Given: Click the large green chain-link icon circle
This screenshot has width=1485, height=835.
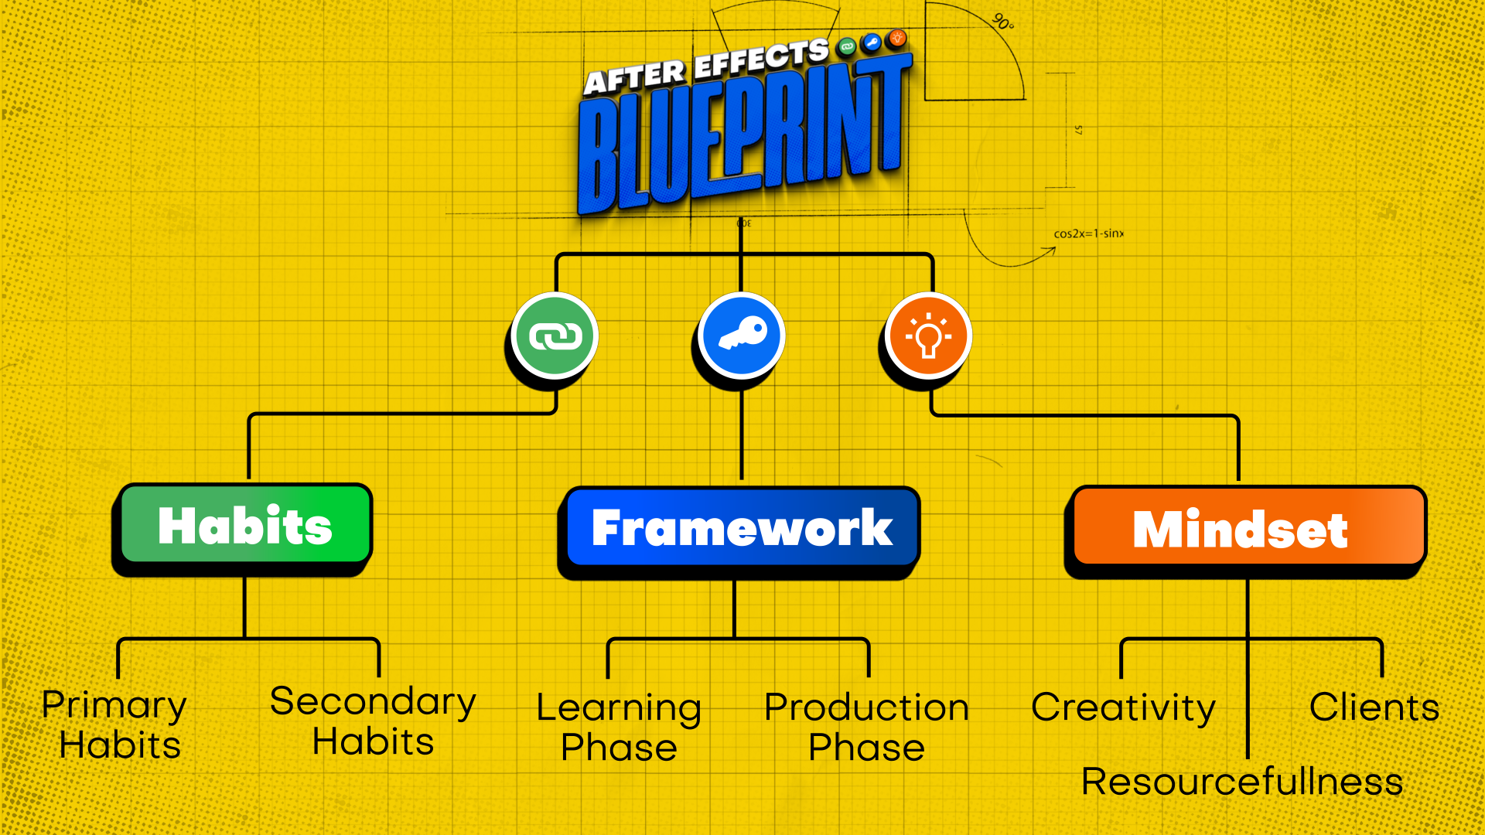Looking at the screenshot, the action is click(555, 336).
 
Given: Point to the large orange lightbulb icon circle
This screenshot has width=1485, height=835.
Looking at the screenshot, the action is click(928, 336).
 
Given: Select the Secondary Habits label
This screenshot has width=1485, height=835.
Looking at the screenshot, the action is click(373, 721).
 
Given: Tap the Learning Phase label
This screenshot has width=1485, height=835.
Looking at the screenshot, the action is click(619, 728).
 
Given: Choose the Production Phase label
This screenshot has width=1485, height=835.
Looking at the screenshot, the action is click(866, 728).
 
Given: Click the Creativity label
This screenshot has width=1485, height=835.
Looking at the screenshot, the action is click(1123, 707).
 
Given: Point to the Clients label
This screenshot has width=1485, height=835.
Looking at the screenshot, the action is click(1374, 707).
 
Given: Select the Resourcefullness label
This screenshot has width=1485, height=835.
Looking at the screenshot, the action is click(1242, 781).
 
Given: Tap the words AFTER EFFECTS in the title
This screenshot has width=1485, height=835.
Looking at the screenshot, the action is click(705, 65).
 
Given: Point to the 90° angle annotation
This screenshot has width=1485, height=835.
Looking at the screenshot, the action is click(1002, 22).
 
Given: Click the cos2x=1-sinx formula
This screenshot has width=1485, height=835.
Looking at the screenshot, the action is click(1089, 233).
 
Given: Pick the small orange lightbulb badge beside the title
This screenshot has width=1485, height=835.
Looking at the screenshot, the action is click(897, 37).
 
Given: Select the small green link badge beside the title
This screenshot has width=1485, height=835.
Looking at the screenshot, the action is click(847, 47).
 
